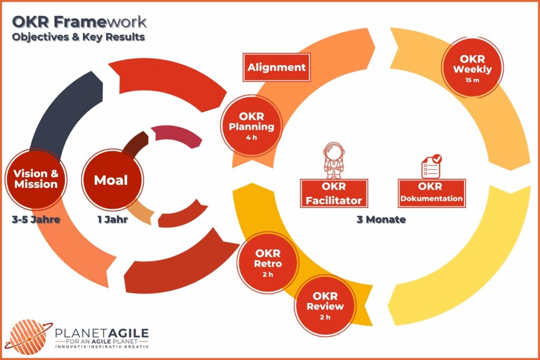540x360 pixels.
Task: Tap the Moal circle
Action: [111, 180]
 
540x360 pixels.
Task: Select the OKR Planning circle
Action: [251, 126]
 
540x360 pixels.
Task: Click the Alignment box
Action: [276, 67]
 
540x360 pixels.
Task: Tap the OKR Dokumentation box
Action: [432, 193]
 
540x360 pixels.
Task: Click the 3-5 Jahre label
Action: [35, 220]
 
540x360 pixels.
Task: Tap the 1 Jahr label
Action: [111, 220]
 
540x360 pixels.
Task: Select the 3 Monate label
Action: [381, 220]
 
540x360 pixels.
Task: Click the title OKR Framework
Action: [79, 22]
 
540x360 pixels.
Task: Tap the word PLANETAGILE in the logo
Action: [102, 333]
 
